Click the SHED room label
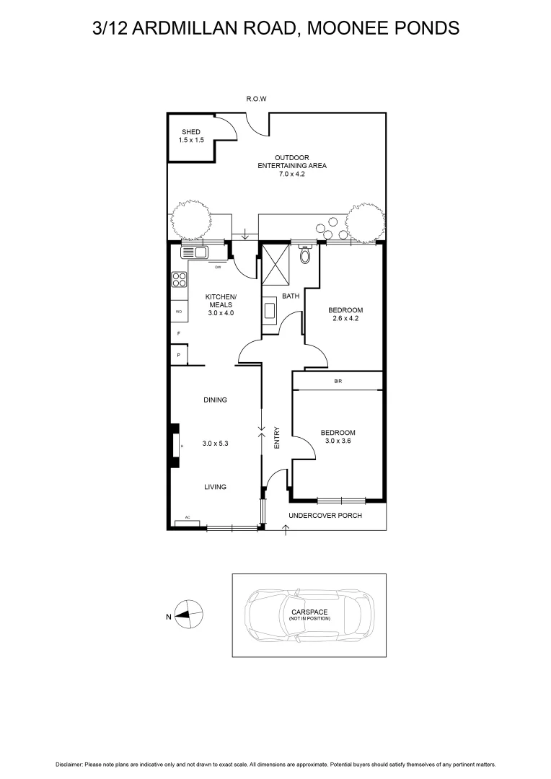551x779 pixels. (191, 132)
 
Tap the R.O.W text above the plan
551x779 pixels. (256, 100)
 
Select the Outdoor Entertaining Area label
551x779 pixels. (292, 165)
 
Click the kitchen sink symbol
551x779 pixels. (194, 252)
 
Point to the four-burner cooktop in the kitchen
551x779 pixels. (178, 280)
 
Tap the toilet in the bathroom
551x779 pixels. (305, 254)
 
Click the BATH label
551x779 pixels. (290, 296)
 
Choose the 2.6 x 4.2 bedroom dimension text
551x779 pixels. (345, 318)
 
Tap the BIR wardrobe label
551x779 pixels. (338, 380)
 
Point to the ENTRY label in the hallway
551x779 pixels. (277, 439)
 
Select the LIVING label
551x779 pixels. (215, 487)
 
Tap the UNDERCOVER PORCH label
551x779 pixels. (325, 516)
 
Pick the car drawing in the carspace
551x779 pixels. (309, 616)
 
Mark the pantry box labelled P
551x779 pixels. (178, 356)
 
